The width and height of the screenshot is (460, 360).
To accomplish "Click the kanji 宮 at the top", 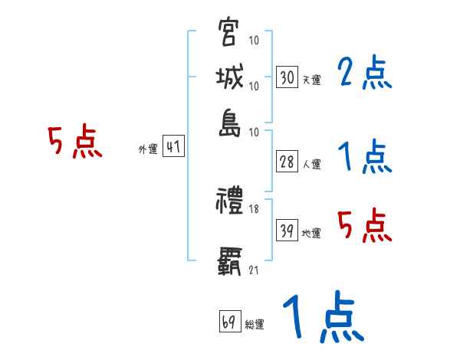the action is [x=229, y=32].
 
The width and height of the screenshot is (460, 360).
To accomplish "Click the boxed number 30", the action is [x=287, y=77].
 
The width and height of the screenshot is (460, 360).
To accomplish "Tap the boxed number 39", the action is [x=287, y=230].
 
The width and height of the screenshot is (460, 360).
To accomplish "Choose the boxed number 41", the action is [x=173, y=146].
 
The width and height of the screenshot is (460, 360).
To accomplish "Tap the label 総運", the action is [x=255, y=324].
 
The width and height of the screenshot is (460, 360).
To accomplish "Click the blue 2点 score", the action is [x=365, y=74].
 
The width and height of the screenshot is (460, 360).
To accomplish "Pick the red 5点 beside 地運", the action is [x=365, y=225].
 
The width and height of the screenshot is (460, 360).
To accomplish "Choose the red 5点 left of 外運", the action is [x=75, y=142].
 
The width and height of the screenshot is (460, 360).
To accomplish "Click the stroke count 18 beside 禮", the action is [x=255, y=208].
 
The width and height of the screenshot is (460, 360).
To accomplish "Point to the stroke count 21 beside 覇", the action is [x=254, y=270].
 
